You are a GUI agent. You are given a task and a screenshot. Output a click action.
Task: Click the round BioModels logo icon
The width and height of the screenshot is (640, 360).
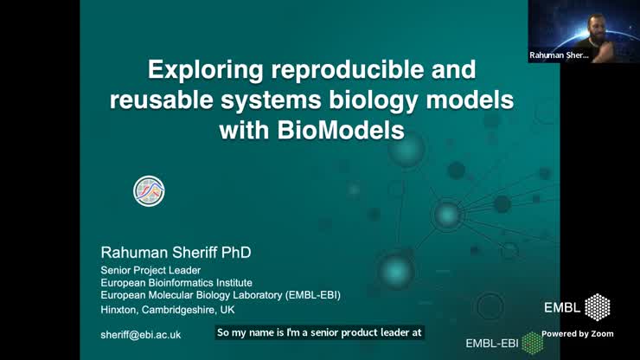coord(149,191)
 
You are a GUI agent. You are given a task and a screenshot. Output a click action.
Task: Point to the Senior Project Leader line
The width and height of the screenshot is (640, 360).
coord(150,270)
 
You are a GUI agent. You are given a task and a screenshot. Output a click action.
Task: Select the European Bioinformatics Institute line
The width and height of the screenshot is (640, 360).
coord(176,282)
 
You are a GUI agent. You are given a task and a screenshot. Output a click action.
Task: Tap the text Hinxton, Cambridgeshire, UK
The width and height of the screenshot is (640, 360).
coord(167,309)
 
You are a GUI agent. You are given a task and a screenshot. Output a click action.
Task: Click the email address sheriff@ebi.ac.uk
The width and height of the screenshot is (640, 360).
coord(140,334)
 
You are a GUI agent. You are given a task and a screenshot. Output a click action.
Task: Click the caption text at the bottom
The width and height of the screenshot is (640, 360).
coord(319,332)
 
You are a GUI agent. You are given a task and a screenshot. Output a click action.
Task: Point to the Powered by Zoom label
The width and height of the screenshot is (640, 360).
coord(578,334)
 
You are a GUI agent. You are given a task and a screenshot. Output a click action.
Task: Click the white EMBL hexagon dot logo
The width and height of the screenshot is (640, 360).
coord(598,307)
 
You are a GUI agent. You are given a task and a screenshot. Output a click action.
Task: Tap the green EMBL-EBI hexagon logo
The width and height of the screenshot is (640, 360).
coord(532,344)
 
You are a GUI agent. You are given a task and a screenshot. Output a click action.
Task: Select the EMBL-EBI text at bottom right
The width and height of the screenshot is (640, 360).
coord(492,344)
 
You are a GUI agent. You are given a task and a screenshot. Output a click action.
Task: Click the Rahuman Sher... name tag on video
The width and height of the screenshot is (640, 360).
coord(559,55)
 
